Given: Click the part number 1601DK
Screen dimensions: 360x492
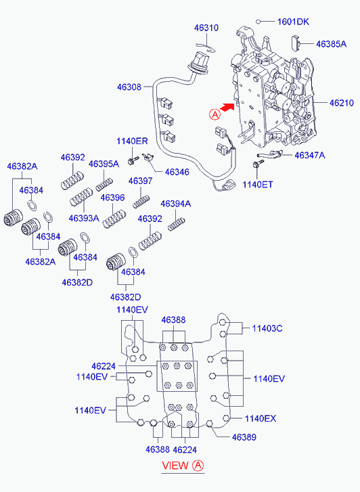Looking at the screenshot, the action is [293, 22].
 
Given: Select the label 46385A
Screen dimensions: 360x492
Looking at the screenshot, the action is [331, 44].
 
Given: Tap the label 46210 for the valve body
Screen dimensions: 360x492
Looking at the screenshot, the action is [342, 103].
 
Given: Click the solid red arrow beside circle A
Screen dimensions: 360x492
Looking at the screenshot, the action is [227, 107].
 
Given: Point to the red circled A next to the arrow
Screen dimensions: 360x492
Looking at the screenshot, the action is [215, 114].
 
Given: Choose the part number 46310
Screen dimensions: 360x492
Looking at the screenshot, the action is [206, 28].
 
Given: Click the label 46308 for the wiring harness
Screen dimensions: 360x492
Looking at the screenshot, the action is [129, 87].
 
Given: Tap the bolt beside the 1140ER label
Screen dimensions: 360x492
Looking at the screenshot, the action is [133, 160].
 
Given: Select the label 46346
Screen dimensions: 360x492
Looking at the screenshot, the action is [177, 172].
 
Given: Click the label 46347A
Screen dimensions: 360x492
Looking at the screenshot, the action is [310, 155].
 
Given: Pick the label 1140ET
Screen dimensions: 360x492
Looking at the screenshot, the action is [257, 185].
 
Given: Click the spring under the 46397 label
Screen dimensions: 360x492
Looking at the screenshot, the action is [141, 202].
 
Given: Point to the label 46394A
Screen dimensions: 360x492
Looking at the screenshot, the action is [176, 204].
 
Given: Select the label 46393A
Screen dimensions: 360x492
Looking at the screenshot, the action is [84, 218].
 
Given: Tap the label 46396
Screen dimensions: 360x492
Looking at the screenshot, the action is [113, 198].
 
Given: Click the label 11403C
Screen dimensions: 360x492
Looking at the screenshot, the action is [267, 328].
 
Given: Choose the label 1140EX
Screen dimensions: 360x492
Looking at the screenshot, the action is [261, 418].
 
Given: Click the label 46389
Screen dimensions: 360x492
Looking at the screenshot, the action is [244, 437].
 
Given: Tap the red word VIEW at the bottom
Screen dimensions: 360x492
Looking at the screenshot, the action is [175, 466].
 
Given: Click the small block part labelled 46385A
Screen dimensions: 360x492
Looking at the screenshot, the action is [296, 43].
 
